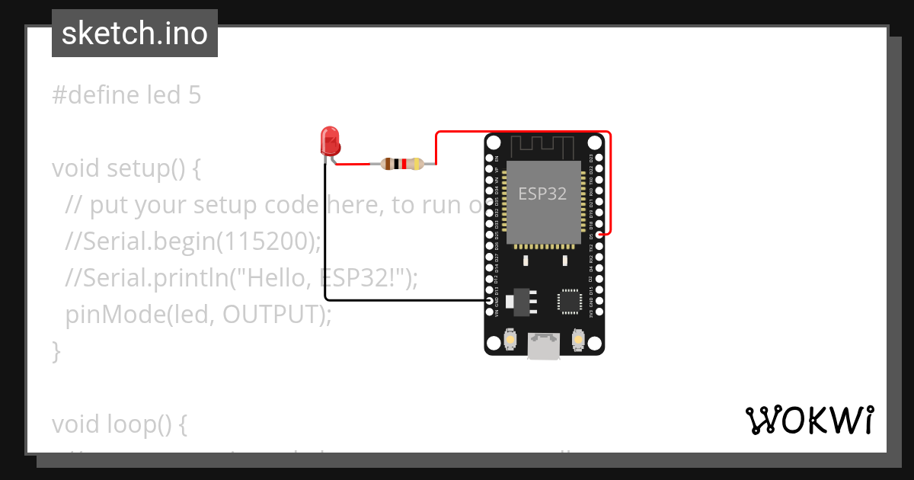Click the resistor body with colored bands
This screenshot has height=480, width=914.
tap(401, 163)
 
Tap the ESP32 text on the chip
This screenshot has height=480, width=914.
tap(542, 194)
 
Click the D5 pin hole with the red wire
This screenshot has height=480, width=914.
tap(599, 235)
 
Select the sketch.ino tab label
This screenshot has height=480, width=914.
tap(135, 34)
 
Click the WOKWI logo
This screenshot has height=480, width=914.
tap(809, 420)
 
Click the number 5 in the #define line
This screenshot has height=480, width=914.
tap(194, 95)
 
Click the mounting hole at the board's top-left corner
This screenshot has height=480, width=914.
tap(494, 142)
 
